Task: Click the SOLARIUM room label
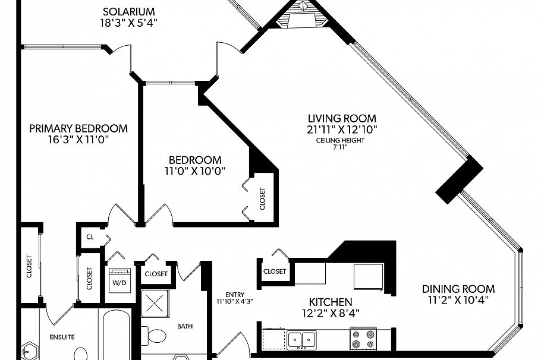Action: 129,11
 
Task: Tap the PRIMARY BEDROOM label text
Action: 78,128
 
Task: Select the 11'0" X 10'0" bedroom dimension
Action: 195,172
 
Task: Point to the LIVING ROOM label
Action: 341,118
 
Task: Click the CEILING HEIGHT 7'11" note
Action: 341,143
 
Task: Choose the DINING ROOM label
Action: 458,289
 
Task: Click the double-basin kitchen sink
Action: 301,340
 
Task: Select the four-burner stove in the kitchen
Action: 363,339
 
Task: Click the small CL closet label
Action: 90,236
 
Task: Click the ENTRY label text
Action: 235,295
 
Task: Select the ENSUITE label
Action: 62,337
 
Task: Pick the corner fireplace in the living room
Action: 304,15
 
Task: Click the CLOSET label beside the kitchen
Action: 274,271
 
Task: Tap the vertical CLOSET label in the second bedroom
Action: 263,198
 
